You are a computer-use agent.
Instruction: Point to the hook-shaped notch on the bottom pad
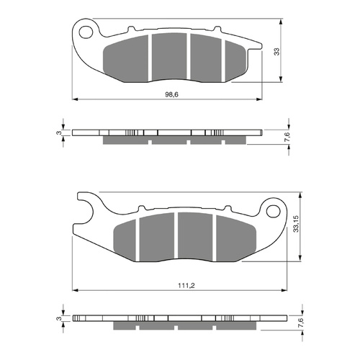(x=89, y=209)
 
